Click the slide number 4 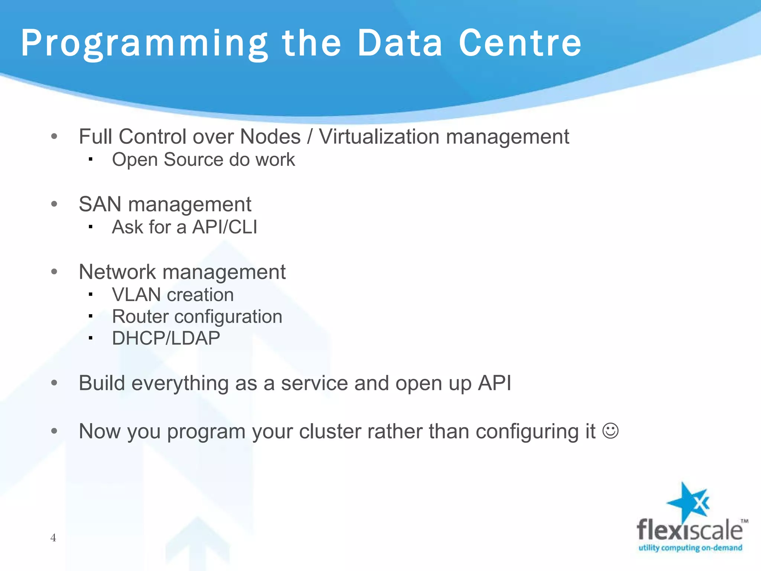point(53,538)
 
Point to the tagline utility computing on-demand point(690,548)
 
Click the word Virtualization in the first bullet point(379,136)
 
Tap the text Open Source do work point(203,160)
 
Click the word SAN point(100,204)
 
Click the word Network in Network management point(117,272)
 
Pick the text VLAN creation point(173,295)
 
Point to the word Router point(140,317)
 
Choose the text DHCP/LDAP point(166,338)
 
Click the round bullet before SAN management point(54,204)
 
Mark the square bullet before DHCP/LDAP point(90,338)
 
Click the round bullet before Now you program point(54,431)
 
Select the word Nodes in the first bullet point(270,136)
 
